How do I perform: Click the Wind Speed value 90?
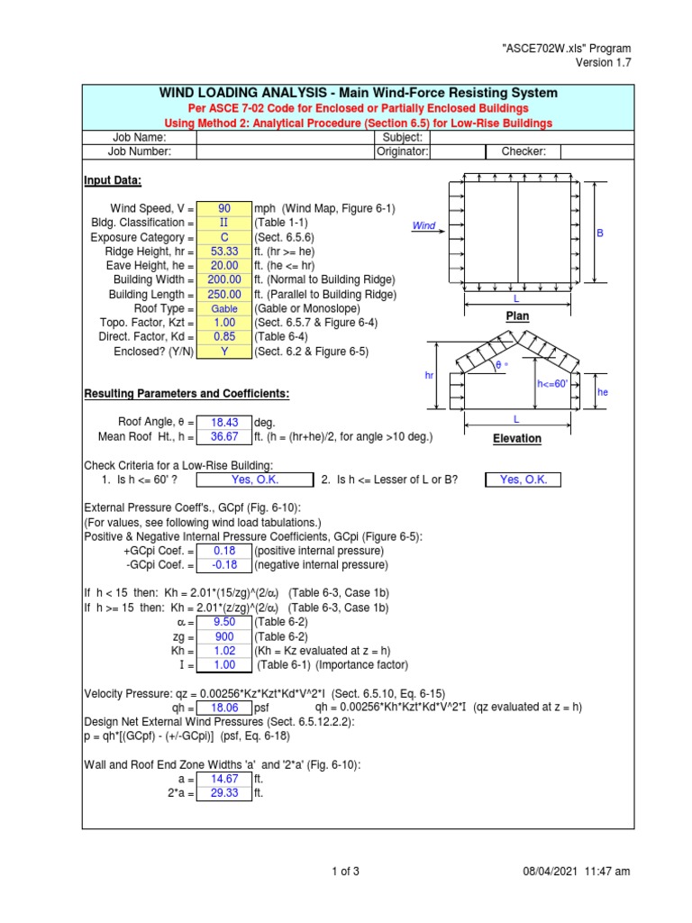224,208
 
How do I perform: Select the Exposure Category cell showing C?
224,237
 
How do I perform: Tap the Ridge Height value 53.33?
224,251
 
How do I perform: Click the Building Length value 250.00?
224,295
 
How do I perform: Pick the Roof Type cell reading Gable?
224,309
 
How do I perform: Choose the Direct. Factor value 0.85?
224,337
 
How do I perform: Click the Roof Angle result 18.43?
224,422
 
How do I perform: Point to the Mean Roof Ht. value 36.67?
224,437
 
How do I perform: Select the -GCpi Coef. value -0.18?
224,565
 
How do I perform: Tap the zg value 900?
224,636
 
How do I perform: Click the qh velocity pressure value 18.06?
224,708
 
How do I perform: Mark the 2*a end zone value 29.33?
224,793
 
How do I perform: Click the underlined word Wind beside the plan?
423,225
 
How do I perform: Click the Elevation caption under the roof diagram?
516,439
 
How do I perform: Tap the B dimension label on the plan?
600,233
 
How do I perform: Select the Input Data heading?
113,180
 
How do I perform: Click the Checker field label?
524,152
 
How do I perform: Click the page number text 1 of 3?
346,871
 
